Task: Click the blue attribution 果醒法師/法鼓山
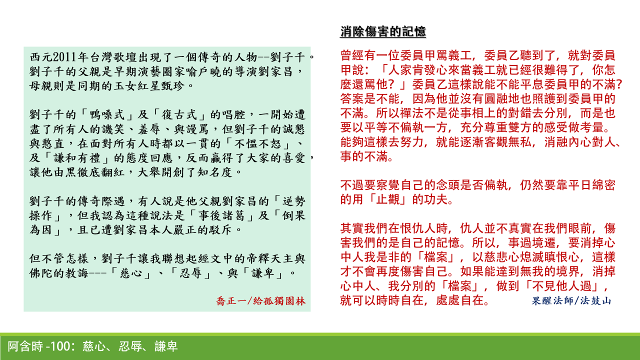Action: pyautogui.click(x=570, y=301)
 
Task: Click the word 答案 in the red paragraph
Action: pyautogui.click(x=350, y=98)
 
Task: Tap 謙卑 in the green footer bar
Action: pyautogui.click(x=166, y=346)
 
